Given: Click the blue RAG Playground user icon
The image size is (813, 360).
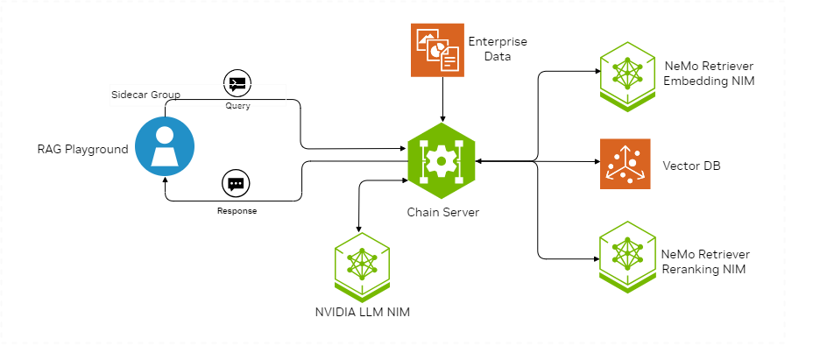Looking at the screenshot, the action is (165, 146).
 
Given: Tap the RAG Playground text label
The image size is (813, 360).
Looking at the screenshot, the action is (82, 150).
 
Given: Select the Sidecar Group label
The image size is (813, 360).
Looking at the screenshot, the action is (145, 95).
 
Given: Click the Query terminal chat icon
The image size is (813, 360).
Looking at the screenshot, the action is (237, 83).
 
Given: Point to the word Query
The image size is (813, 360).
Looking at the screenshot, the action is (237, 106).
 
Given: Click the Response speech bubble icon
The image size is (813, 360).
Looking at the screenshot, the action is (236, 184).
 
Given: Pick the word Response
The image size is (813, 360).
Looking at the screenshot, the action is (237, 211).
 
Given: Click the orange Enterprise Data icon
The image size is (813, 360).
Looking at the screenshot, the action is (437, 50).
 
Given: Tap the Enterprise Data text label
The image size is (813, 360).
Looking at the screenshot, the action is (498, 49).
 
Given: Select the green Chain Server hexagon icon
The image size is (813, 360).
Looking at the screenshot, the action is (442, 161).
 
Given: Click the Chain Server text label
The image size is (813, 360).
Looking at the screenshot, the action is (442, 212).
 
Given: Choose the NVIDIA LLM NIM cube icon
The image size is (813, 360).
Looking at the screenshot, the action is (362, 266).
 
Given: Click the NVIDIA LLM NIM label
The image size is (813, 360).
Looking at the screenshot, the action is (363, 313).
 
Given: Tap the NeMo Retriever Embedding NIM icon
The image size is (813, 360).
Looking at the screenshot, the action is (627, 77).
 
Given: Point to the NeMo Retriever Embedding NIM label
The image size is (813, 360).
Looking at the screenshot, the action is (710, 74).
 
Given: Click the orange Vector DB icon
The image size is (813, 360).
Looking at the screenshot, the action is (625, 164).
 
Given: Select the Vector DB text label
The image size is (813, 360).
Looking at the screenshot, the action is (692, 166).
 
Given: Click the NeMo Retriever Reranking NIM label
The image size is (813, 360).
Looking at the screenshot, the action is (705, 262).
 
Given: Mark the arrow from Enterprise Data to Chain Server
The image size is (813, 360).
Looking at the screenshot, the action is (442, 100).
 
